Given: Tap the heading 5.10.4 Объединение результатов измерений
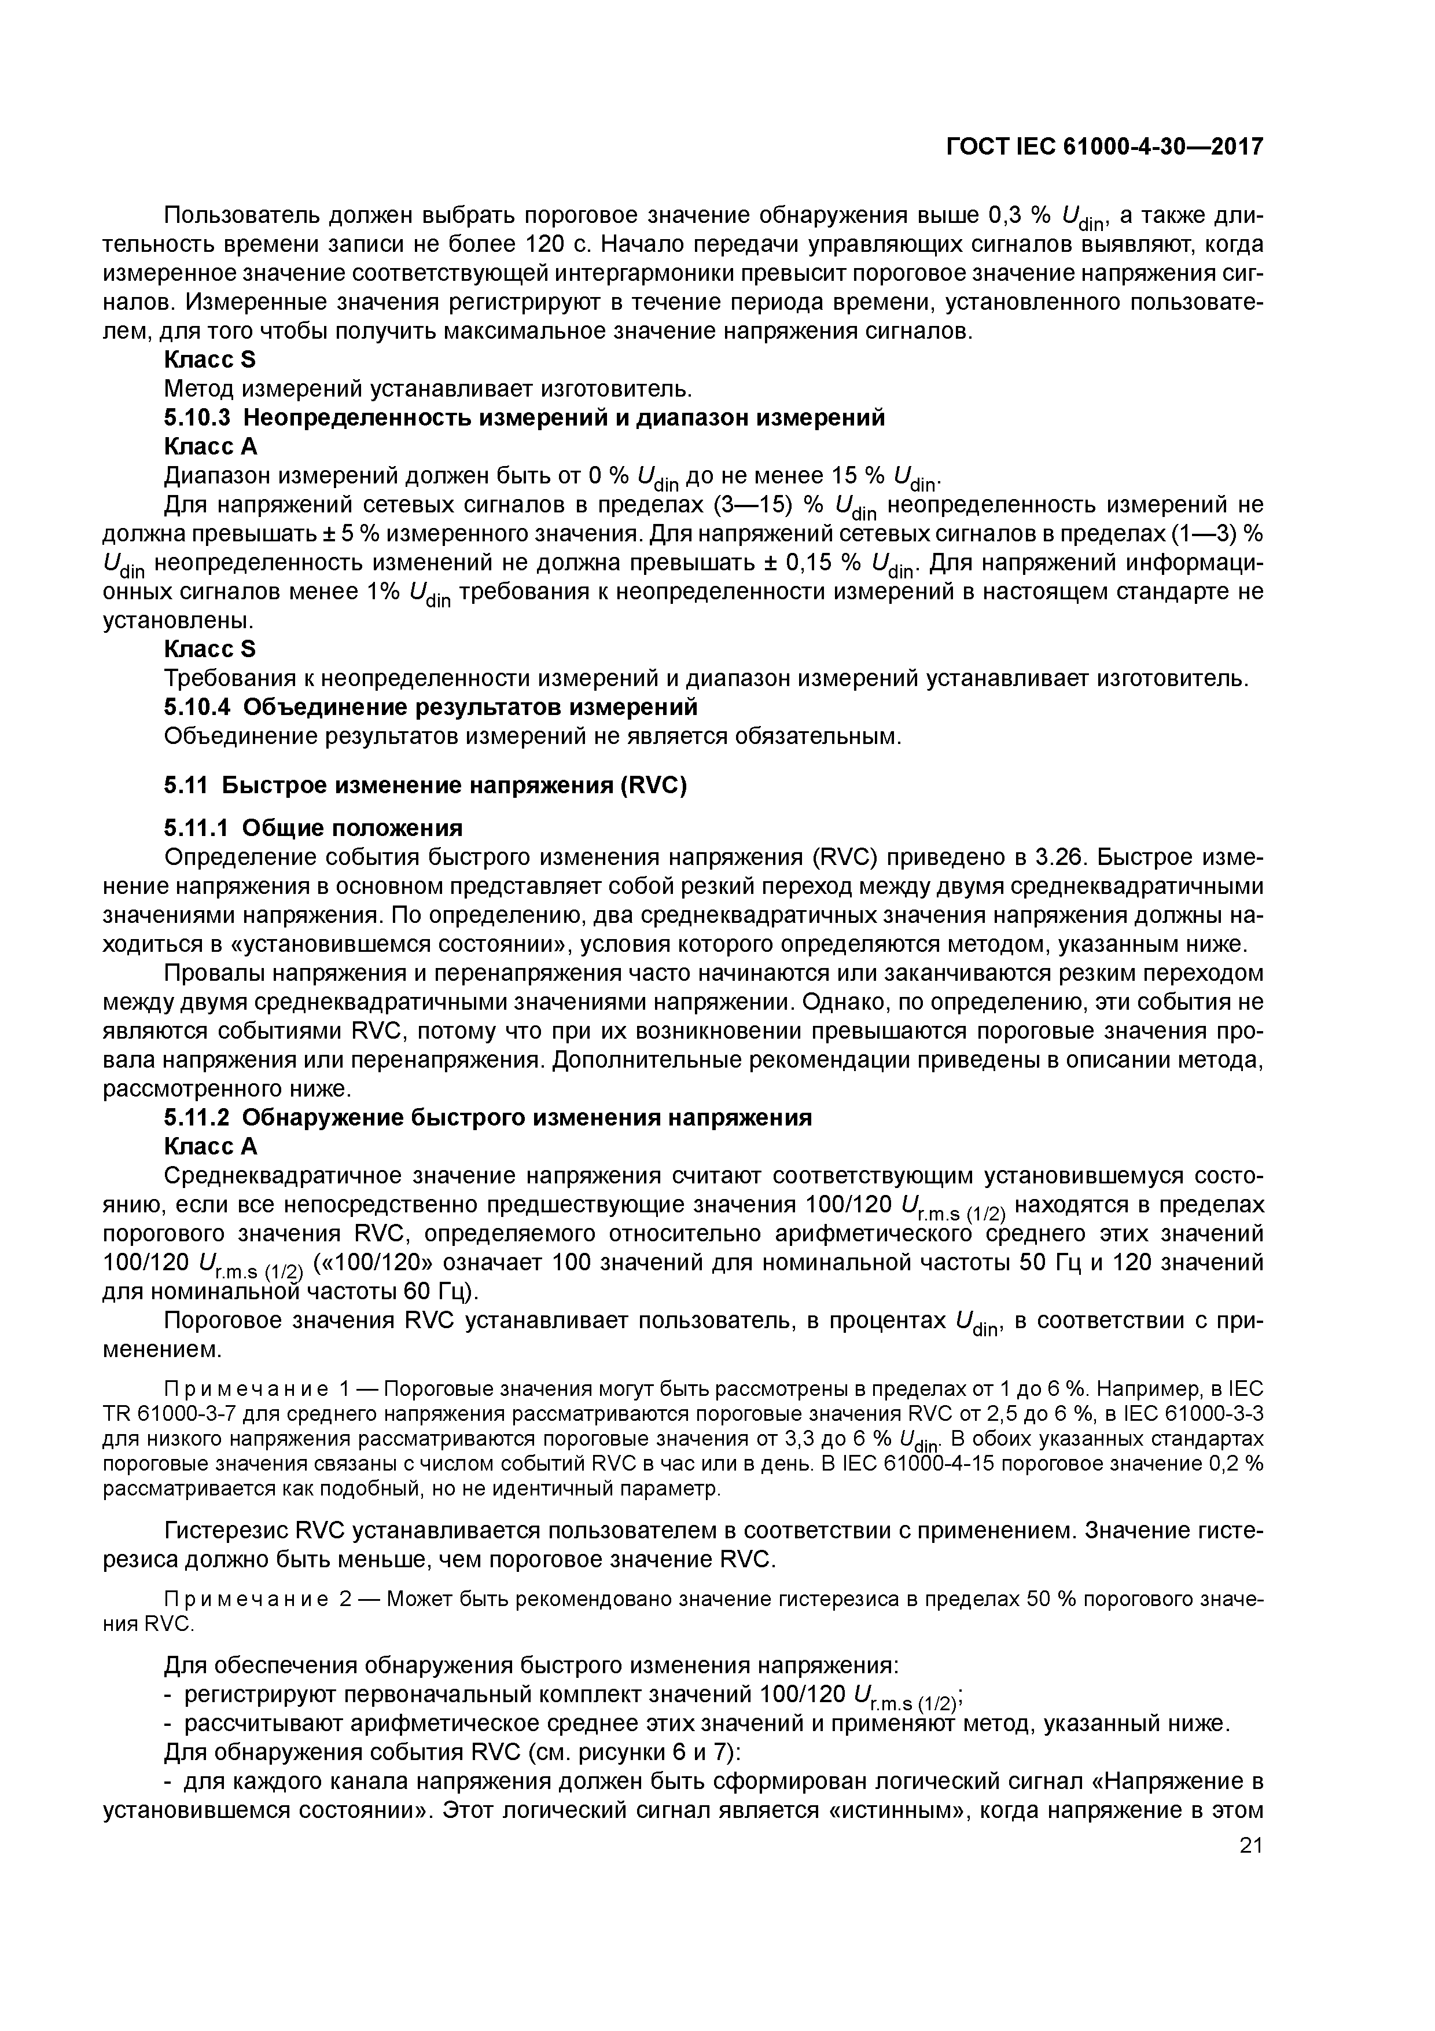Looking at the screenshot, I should tap(430, 707).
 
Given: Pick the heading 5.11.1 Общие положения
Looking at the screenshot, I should tap(313, 828).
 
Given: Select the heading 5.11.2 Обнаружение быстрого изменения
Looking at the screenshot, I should tap(487, 1118).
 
